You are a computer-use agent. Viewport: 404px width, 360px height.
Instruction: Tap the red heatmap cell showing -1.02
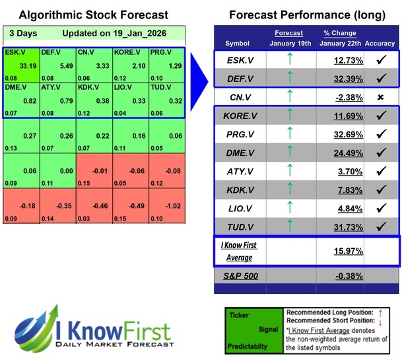[x=166, y=205]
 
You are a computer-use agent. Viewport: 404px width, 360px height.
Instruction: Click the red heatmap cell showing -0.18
[x=21, y=205]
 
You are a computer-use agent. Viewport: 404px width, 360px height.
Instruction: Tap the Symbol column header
[x=238, y=44]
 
